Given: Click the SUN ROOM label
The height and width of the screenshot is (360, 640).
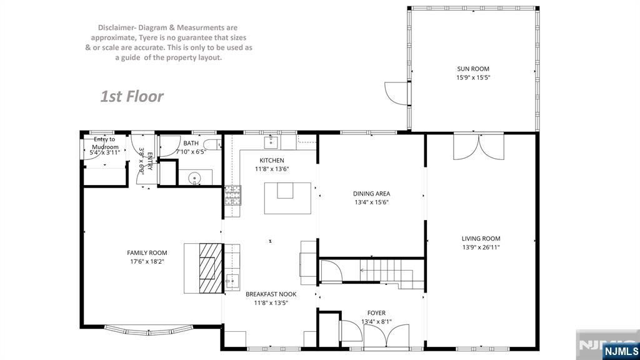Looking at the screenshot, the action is click(x=473, y=69).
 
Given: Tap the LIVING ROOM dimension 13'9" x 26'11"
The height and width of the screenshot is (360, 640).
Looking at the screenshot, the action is click(x=481, y=247).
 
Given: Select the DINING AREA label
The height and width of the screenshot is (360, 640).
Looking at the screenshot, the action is click(x=371, y=194).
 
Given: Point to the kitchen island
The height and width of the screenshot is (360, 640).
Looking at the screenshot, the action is click(x=287, y=198).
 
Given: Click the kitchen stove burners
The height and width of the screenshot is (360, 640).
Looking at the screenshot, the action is click(x=232, y=195).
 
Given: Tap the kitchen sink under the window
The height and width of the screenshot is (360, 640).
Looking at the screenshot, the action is click(x=271, y=142).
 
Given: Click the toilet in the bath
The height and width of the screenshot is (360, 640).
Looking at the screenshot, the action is click(x=212, y=144).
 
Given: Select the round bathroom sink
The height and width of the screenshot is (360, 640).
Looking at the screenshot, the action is click(x=195, y=178).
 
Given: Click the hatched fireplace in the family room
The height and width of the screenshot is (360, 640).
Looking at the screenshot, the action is click(x=211, y=268).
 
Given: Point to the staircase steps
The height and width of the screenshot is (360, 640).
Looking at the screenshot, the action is click(x=392, y=274).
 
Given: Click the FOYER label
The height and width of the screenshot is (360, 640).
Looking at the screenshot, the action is click(x=376, y=313).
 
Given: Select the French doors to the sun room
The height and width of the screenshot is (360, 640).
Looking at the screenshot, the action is click(x=479, y=146).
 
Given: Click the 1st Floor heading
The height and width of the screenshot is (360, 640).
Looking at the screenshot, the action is click(x=132, y=96).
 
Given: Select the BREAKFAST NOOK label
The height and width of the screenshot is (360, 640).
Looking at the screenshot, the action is click(x=271, y=294).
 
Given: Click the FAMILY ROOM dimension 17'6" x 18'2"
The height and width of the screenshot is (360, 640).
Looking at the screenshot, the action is click(x=147, y=261).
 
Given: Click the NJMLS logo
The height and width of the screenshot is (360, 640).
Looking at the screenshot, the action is click(x=621, y=351).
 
